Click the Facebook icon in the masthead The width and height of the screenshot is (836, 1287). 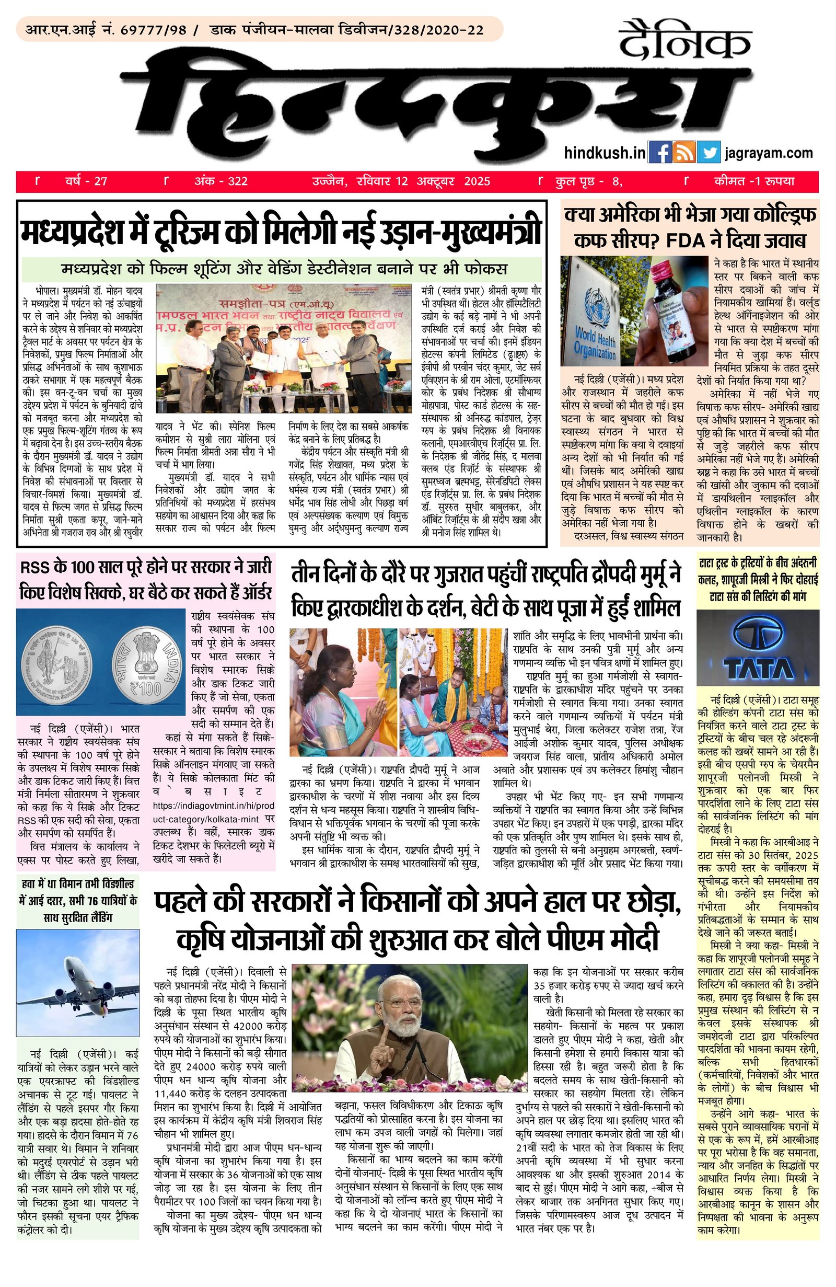[659, 153]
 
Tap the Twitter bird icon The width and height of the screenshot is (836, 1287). [709, 153]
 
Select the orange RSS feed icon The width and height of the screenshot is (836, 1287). [684, 153]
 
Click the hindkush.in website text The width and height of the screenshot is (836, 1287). [604, 153]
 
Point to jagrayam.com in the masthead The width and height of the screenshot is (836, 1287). [769, 153]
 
